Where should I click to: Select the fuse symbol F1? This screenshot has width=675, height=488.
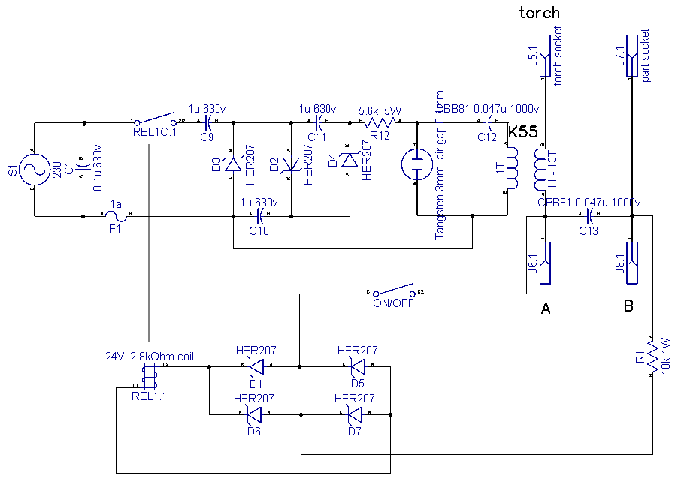[x=116, y=216]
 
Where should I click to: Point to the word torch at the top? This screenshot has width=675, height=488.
[x=539, y=12]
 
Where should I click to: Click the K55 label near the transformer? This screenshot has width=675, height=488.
[x=522, y=132]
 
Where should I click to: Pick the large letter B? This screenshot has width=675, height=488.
[x=628, y=306]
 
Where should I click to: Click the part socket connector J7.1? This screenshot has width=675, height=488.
[x=632, y=51]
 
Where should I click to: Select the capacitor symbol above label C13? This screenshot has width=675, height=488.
[x=589, y=217]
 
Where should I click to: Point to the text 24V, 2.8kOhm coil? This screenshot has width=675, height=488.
[x=150, y=357]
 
